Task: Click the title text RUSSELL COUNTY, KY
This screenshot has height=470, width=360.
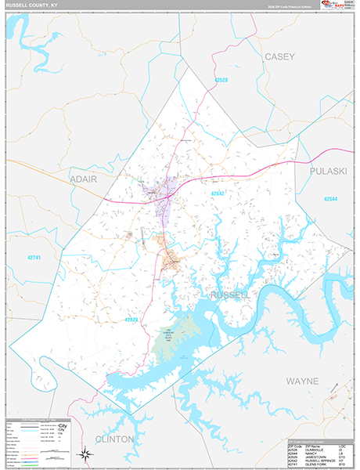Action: pos(30,5)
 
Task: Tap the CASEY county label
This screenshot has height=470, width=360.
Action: pos(279,56)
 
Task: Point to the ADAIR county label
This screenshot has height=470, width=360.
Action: pos(84,179)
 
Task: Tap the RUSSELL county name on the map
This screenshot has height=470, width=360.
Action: pos(230,295)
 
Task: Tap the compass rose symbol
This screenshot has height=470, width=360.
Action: pos(82,452)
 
